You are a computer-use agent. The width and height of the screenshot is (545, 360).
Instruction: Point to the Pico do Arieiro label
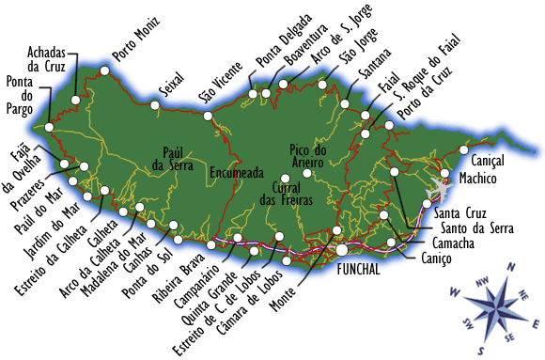[307, 156]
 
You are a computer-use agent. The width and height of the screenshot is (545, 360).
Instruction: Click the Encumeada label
[236, 172]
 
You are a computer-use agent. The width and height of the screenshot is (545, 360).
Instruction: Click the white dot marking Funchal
[343, 250]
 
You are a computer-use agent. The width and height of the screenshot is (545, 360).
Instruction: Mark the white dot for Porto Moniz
[104, 70]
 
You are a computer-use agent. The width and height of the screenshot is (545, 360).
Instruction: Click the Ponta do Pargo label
[20, 94]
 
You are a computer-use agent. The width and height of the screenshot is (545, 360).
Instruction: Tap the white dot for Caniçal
[464, 149]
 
